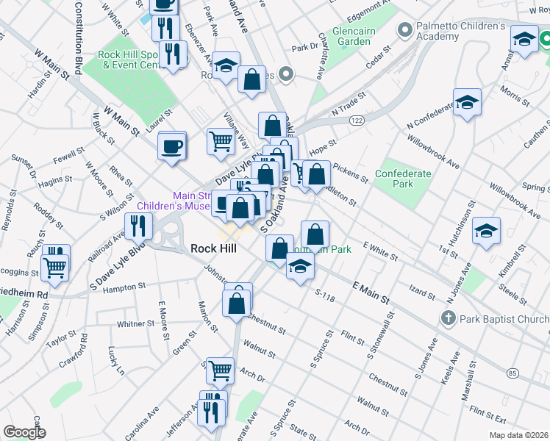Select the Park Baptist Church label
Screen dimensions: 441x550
(x=504, y=318)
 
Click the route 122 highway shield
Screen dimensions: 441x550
(x=357, y=120)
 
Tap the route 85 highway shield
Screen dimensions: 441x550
(x=512, y=373)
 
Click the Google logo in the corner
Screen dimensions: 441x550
(x=24, y=432)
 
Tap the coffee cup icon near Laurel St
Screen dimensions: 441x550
(x=173, y=145)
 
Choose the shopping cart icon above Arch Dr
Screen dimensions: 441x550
(x=220, y=371)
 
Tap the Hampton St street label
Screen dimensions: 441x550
(x=122, y=289)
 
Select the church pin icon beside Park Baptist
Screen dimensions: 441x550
(x=449, y=318)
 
